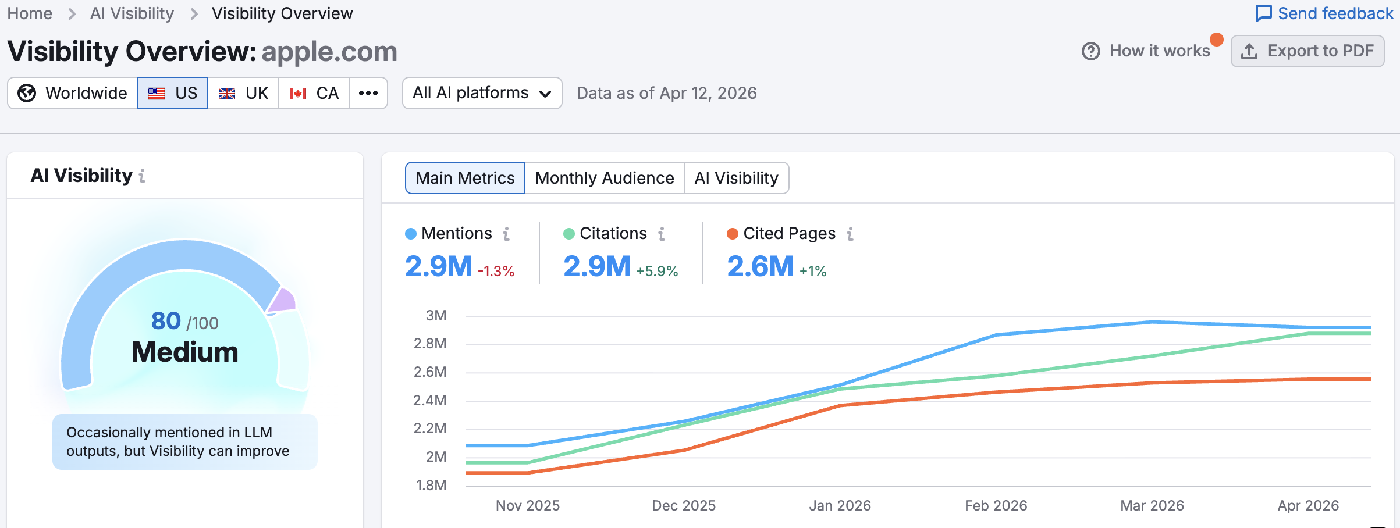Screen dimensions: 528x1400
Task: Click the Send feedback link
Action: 1324,13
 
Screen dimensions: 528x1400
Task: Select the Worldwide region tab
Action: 73,93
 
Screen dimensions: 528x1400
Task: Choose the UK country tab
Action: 243,93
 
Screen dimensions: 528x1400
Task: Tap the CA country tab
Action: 314,93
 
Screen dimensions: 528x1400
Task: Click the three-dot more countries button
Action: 368,93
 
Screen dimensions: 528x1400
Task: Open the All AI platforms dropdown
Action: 482,93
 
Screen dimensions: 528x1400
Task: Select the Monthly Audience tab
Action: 604,178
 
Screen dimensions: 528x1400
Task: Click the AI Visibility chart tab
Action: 736,178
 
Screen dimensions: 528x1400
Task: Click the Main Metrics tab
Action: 465,178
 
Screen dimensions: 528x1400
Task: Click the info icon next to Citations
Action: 662,234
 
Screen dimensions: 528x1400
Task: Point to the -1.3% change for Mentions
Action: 496,271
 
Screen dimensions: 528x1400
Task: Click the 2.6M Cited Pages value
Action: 760,266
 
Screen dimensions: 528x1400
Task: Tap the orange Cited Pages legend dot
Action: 733,234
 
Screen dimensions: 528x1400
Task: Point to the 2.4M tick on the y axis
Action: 429,400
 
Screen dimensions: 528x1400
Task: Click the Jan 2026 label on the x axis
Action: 840,505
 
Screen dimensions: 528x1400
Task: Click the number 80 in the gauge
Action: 166,321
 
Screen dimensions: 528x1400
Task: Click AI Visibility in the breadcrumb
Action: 132,13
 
